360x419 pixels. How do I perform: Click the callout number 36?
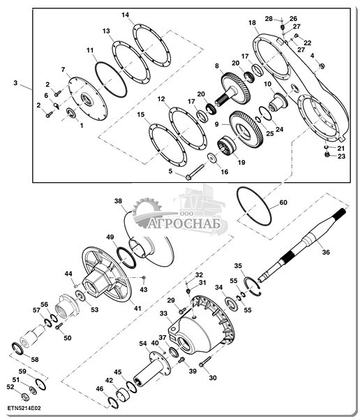(x=326, y=252)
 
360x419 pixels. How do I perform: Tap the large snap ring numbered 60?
(x=254, y=206)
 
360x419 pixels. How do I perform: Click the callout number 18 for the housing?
(x=252, y=23)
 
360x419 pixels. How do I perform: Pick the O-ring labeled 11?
(x=110, y=80)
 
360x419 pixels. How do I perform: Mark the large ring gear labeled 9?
(x=246, y=128)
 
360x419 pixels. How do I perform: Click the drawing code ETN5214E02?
(x=24, y=409)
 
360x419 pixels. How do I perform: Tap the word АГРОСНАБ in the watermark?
(x=185, y=223)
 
